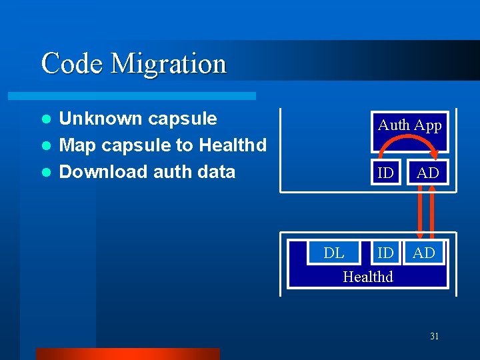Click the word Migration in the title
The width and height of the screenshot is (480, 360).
(169, 64)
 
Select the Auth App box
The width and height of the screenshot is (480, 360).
(409, 125)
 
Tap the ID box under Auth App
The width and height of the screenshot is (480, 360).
(385, 173)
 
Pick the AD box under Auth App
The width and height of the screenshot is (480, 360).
(427, 173)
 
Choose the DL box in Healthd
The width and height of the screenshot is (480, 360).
(333, 253)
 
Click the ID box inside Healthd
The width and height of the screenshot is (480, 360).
(385, 253)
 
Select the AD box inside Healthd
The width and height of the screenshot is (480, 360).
(424, 253)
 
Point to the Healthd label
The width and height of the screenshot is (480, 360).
(367, 276)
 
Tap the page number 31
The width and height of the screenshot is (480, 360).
(434, 337)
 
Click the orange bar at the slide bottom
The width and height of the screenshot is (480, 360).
(127, 353)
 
